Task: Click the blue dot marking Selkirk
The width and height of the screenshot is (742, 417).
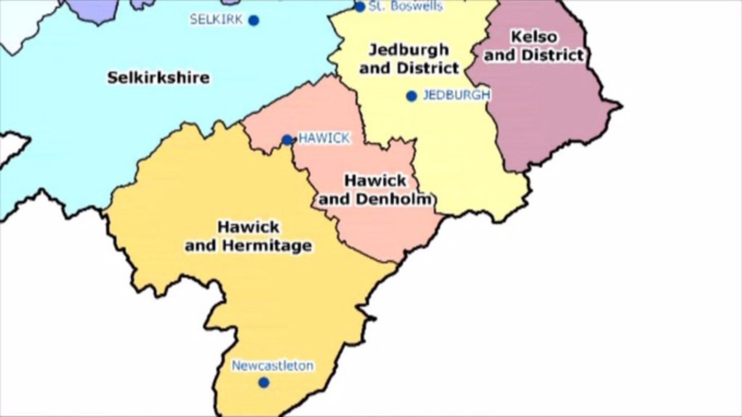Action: pyautogui.click(x=253, y=20)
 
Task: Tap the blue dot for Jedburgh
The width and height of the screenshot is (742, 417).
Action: pyautogui.click(x=411, y=96)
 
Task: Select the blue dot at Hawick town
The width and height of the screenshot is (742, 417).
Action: pyautogui.click(x=288, y=140)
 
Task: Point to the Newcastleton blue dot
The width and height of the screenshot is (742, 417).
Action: pyautogui.click(x=264, y=383)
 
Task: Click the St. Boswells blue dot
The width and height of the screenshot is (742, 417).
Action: pyautogui.click(x=360, y=6)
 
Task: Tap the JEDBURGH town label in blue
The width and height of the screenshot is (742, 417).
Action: pyautogui.click(x=456, y=95)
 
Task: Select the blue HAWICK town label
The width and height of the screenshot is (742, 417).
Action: pyautogui.click(x=324, y=138)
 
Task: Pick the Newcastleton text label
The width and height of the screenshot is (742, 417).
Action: pyautogui.click(x=273, y=366)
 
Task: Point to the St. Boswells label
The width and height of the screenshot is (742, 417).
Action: pyautogui.click(x=405, y=6)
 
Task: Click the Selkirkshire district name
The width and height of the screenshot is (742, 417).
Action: pyautogui.click(x=159, y=77)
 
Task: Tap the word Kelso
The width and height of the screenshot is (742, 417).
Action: pyautogui.click(x=534, y=37)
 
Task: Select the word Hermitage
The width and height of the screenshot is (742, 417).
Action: pyautogui.click(x=267, y=246)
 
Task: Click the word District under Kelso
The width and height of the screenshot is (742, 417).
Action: pyautogui.click(x=552, y=55)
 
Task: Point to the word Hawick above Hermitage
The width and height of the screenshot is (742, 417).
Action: pyautogui.click(x=249, y=227)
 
